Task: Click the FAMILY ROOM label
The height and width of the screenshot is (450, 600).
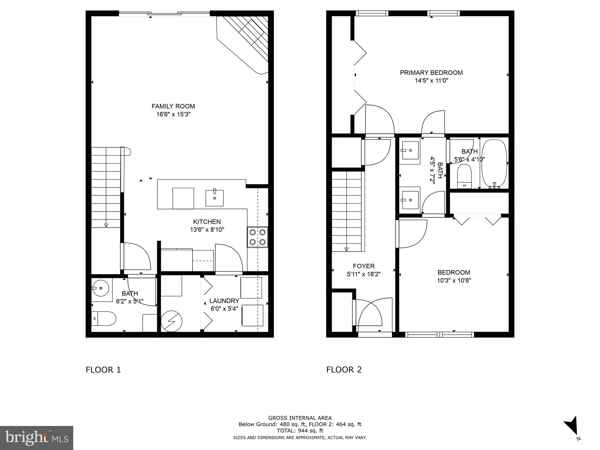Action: pos(173,106)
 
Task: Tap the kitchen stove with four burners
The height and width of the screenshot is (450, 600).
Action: pos(258,237)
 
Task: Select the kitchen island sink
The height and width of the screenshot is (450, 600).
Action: pos(214,198)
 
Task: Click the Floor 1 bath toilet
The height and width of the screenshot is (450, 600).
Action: pos(104,318)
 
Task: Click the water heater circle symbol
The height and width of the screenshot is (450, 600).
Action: pos(172,321)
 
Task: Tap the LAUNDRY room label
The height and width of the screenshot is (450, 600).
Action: pos(224,301)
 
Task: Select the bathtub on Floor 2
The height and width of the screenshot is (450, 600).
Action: pos(494,163)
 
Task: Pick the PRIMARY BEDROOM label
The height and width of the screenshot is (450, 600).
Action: pos(431,73)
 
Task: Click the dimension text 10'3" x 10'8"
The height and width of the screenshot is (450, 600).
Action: pos(454,280)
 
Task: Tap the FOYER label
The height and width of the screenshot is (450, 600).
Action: pos(364,266)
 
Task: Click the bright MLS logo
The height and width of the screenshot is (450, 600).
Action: pos(37,438)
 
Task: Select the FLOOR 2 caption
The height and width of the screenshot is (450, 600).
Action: pos(344,370)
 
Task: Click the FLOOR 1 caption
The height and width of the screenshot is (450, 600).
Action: pos(103,370)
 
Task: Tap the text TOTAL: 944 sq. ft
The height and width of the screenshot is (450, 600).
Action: pos(300,431)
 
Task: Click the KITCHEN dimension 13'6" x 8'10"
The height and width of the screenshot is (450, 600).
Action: pos(207,230)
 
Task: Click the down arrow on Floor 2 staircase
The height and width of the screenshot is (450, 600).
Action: pos(347,249)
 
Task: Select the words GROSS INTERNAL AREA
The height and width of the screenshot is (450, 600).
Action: pos(300,418)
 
